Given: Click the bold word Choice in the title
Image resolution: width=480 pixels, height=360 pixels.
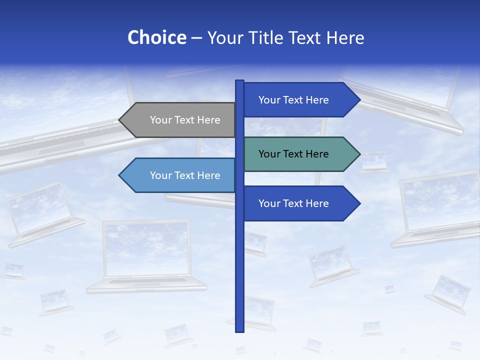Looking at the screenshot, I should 156,38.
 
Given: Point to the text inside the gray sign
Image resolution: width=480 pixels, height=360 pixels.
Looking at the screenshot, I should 185,120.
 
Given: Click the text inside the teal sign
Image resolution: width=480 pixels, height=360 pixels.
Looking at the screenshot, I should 293,154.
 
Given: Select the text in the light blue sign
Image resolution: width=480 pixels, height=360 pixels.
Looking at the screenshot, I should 185,175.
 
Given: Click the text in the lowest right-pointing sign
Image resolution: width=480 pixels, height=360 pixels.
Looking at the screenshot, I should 293,203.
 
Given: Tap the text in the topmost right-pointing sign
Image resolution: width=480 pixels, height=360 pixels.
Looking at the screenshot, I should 293,100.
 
